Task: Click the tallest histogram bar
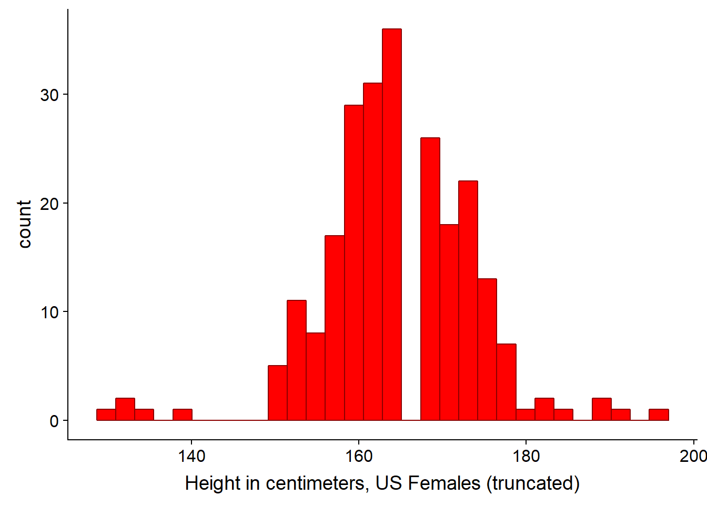(392, 225)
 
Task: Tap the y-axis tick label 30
(49, 95)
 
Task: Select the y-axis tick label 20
(49, 204)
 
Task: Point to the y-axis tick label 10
(49, 312)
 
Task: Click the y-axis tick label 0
(54, 421)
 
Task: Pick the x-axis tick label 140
(191, 457)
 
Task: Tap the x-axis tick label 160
(359, 457)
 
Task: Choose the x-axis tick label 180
(526, 457)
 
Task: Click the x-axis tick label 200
(693, 457)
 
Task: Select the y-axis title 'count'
(24, 225)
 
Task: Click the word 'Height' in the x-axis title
(213, 484)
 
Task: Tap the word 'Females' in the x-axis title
(444, 483)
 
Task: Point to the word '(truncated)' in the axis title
(533, 484)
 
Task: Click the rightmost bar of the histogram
(659, 415)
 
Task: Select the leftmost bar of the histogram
(106, 415)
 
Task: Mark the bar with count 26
(430, 279)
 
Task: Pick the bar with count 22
(468, 301)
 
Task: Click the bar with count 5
(277, 393)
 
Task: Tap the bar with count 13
(487, 350)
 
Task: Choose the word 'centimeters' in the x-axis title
(315, 483)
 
